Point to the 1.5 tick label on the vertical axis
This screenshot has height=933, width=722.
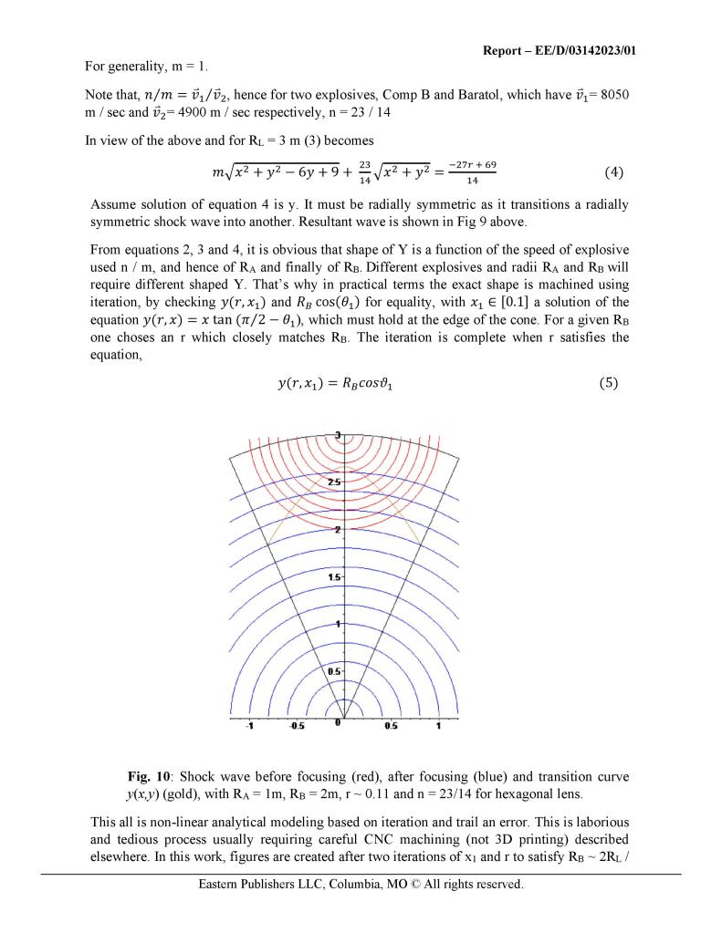tap(334, 577)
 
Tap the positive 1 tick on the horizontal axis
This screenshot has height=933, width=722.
tap(439, 727)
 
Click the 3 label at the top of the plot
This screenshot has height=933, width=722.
tap(339, 435)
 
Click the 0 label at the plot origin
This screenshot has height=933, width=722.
tap(338, 723)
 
